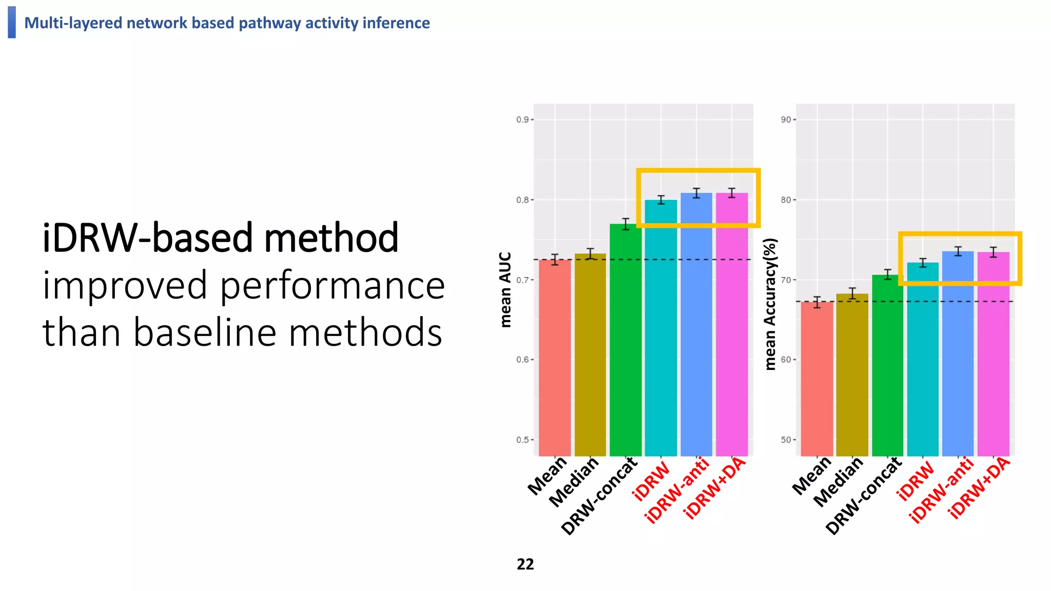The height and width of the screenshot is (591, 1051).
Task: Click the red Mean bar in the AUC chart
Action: pos(555,359)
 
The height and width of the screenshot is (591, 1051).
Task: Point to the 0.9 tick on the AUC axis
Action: pos(523,120)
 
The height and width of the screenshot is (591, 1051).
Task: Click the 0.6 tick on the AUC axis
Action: pos(523,360)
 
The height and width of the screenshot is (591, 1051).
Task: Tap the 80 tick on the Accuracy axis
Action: pos(786,200)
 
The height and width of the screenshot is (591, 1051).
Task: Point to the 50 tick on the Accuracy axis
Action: pos(786,440)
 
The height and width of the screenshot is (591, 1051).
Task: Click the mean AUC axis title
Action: pos(505,290)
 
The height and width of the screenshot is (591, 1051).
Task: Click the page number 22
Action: pos(525,564)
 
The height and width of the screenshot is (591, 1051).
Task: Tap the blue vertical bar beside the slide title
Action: pos(12,22)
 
